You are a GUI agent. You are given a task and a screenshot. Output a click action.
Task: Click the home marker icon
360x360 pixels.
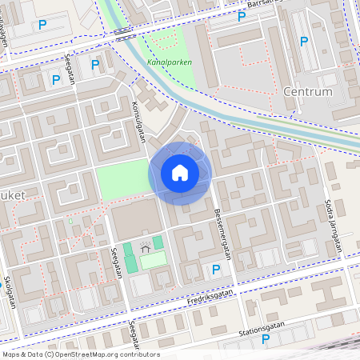(x=179, y=173)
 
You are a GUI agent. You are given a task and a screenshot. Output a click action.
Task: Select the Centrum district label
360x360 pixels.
(x=307, y=92)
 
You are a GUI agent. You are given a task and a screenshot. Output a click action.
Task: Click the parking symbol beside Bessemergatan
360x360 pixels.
(x=215, y=271)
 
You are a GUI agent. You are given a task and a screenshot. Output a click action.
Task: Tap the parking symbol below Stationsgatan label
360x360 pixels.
(x=266, y=340)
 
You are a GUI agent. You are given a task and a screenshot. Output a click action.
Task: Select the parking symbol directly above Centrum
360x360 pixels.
(x=303, y=42)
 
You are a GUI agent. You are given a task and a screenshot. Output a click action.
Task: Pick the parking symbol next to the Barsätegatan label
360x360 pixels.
(x=242, y=16)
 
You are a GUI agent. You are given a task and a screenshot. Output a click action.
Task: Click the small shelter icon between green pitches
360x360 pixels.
(x=145, y=248)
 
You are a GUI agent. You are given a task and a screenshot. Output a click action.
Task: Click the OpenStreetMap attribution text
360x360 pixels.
(x=81, y=354)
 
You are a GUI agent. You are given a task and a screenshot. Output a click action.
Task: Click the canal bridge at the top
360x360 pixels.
(x=122, y=34)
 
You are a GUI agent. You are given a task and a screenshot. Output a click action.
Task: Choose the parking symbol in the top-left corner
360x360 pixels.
(x=42, y=25)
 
